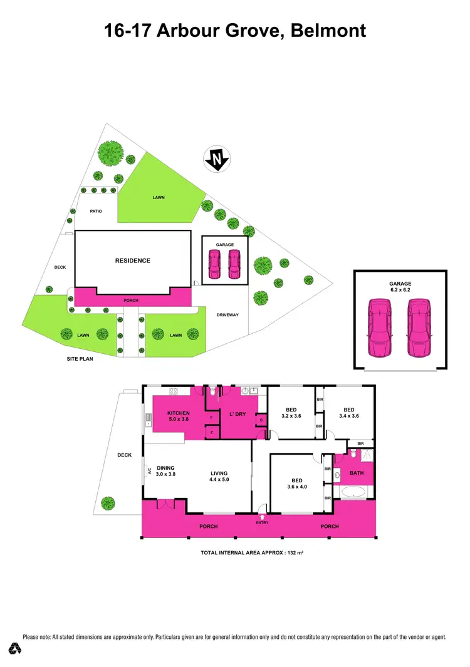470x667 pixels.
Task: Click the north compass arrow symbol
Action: click(217, 160)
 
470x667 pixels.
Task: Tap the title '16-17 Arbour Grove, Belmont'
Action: click(235, 29)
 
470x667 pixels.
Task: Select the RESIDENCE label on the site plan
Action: click(132, 261)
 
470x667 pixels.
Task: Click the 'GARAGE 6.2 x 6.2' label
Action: click(400, 287)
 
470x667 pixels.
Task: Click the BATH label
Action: click(357, 473)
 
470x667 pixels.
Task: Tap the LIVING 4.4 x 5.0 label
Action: click(219, 477)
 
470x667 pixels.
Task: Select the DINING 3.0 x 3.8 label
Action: click(165, 471)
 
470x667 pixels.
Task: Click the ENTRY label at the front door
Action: click(263, 522)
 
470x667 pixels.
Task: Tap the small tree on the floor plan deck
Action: click(108, 502)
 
